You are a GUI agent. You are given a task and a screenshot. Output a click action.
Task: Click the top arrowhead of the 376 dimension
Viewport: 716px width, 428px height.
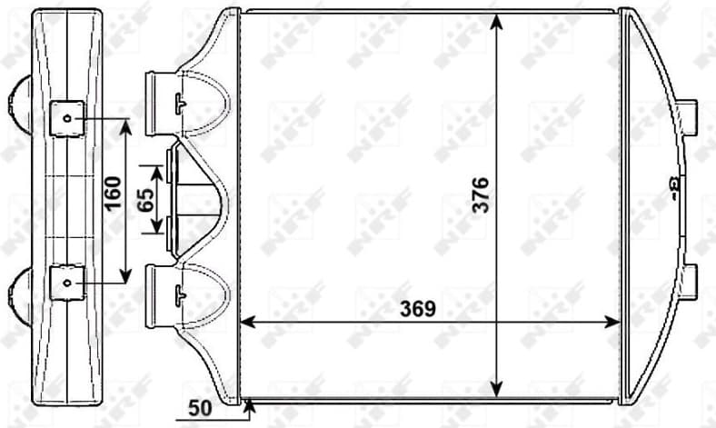496,19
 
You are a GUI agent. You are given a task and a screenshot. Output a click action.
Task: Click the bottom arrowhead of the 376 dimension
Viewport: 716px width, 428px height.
496,391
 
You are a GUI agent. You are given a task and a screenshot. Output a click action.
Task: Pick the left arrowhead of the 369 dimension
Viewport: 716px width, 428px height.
245,322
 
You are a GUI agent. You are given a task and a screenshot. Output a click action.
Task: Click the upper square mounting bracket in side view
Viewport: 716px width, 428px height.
66,119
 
